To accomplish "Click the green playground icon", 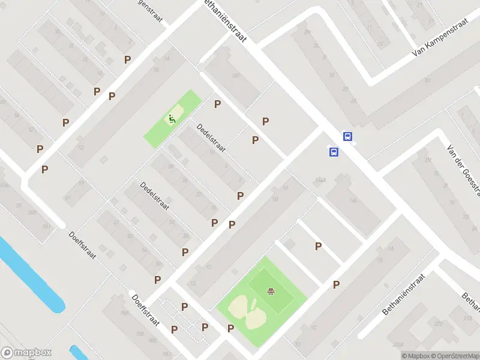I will (x=172, y=119).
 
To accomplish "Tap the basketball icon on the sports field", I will (x=271, y=292).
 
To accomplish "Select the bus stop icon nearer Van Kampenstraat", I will (x=347, y=136).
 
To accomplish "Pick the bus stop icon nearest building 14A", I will (x=333, y=152).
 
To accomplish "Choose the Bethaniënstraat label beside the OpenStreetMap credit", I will (x=403, y=295).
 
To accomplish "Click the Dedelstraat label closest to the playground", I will (x=211, y=137).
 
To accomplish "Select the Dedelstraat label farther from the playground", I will (x=155, y=196).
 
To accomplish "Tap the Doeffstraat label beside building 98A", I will (x=145, y=310).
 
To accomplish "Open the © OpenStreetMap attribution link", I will (x=454, y=356).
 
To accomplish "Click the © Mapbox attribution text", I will (x=415, y=356).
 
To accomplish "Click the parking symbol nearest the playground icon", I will (x=218, y=104).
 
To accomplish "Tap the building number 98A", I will (x=125, y=313).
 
